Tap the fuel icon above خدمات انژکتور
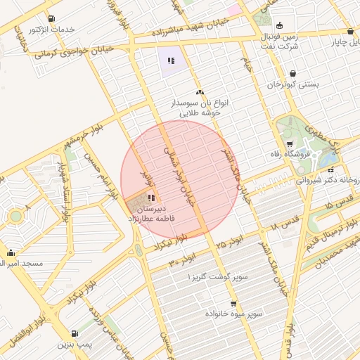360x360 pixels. pos(51,19)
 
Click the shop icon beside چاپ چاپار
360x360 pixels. pos(350,31)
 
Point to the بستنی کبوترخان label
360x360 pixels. pos(292,84)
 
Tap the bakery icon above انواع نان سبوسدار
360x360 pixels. pos(200,92)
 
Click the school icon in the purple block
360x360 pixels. pos(170,60)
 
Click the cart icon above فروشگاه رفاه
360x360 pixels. pos(290,143)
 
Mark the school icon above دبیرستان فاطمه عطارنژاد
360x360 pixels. pos(151,198)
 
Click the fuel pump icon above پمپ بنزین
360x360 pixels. pos(75,333)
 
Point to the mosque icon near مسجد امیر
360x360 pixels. pos(11,253)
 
